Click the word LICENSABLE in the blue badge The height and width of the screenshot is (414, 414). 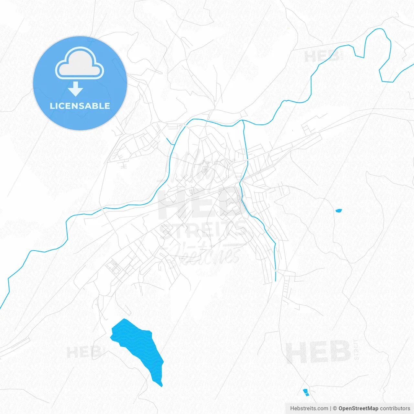click(80, 106)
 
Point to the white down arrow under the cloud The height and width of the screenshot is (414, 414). click(76, 89)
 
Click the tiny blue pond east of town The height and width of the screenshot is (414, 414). click(338, 211)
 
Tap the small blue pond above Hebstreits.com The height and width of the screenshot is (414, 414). click(306, 392)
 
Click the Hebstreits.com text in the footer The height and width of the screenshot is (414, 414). click(309, 409)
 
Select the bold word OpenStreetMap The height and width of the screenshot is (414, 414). click(358, 409)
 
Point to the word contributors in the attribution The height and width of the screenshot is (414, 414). click(395, 409)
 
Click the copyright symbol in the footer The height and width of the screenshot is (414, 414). click(335, 409)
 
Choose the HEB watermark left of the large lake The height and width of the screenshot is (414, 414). click(83, 352)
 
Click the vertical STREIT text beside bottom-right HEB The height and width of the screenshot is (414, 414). click(356, 349)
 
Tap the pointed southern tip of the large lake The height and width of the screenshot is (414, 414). click(161, 385)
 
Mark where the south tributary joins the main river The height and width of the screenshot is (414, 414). click(242, 121)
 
